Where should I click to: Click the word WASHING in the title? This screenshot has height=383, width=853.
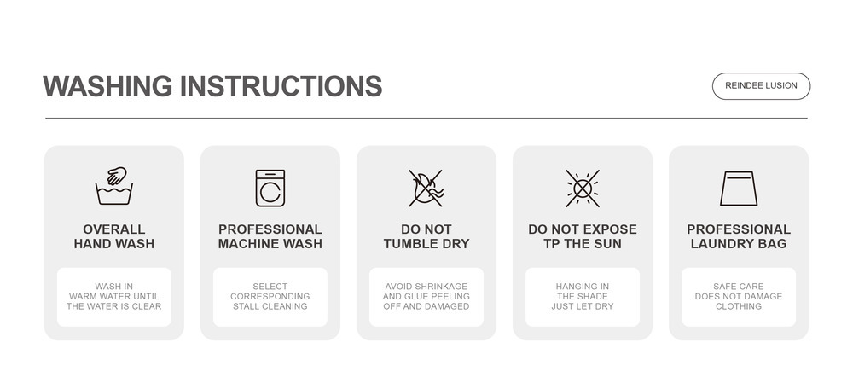tap(107, 86)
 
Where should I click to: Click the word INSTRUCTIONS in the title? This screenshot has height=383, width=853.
tap(281, 86)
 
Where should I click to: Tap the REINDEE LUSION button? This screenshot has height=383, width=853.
tap(761, 86)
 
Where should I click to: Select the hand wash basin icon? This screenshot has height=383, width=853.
tap(114, 186)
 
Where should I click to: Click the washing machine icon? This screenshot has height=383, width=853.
tap(270, 188)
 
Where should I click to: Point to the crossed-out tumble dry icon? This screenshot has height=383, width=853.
tap(426, 188)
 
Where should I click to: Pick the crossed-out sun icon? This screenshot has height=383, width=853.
tap(582, 189)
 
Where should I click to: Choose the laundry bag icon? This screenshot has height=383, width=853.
tap(738, 189)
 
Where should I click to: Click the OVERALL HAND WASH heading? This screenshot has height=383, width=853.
tap(114, 236)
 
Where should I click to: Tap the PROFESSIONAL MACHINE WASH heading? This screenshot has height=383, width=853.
tap(270, 236)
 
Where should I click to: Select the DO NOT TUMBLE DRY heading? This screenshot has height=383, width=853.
tap(426, 236)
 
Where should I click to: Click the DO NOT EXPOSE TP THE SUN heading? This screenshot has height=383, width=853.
tap(583, 236)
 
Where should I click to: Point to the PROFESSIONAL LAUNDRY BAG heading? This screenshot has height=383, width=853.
tap(739, 236)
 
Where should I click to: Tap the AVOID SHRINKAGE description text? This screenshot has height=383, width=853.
tap(426, 297)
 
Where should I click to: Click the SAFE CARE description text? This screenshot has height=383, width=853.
tap(739, 297)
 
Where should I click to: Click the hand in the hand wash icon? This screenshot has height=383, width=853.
tap(116, 176)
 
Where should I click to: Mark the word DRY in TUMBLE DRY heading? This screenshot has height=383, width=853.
tap(455, 244)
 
